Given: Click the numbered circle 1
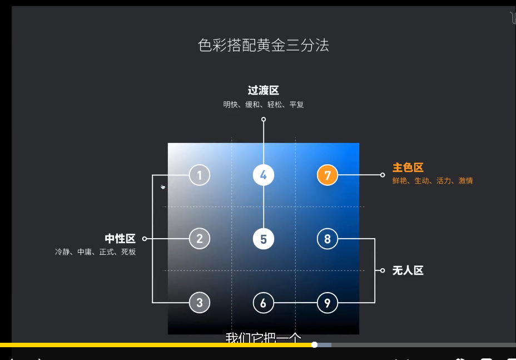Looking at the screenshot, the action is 200,175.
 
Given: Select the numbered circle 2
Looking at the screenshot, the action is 200,239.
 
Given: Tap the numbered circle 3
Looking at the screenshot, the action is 200,303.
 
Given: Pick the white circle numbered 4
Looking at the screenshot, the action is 264,175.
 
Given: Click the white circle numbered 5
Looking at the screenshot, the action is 264,239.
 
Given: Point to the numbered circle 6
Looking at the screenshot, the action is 264,303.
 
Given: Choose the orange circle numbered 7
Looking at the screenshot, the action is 328,175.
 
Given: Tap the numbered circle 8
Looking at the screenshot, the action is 328,239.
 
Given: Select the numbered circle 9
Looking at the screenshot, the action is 328,303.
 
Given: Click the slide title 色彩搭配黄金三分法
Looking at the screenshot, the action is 264,45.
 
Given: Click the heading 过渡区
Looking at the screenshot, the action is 263,90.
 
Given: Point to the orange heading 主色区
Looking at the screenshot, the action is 408,167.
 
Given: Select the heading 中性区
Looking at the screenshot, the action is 120,239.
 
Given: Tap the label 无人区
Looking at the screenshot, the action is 408,270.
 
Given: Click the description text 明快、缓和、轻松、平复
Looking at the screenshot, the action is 264,105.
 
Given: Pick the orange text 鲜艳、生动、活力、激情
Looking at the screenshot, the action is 433,181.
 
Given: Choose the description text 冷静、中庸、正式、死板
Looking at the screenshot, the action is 95,252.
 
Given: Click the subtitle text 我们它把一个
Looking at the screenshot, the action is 263,338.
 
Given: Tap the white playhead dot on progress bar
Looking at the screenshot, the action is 314,345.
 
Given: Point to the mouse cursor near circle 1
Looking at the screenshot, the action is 163,187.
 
